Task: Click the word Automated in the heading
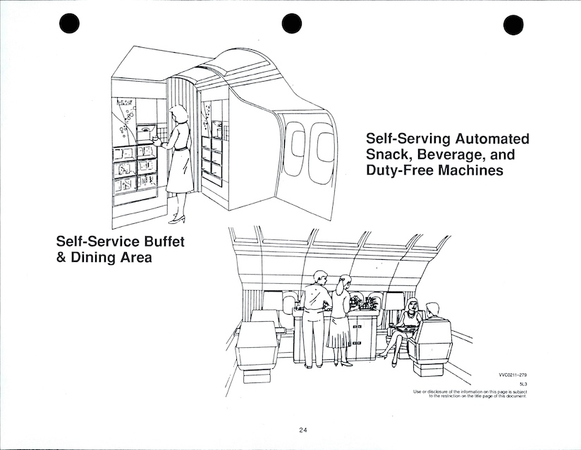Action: click(x=492, y=139)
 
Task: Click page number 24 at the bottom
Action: click(x=303, y=430)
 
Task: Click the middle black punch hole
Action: click(x=292, y=23)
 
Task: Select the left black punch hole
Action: click(x=69, y=23)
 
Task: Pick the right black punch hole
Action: click(x=513, y=25)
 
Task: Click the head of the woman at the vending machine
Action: click(x=178, y=113)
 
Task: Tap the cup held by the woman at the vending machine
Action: click(x=156, y=139)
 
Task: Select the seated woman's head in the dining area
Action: click(x=412, y=306)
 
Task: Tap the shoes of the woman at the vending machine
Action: click(x=177, y=219)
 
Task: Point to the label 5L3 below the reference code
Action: click(x=524, y=384)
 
